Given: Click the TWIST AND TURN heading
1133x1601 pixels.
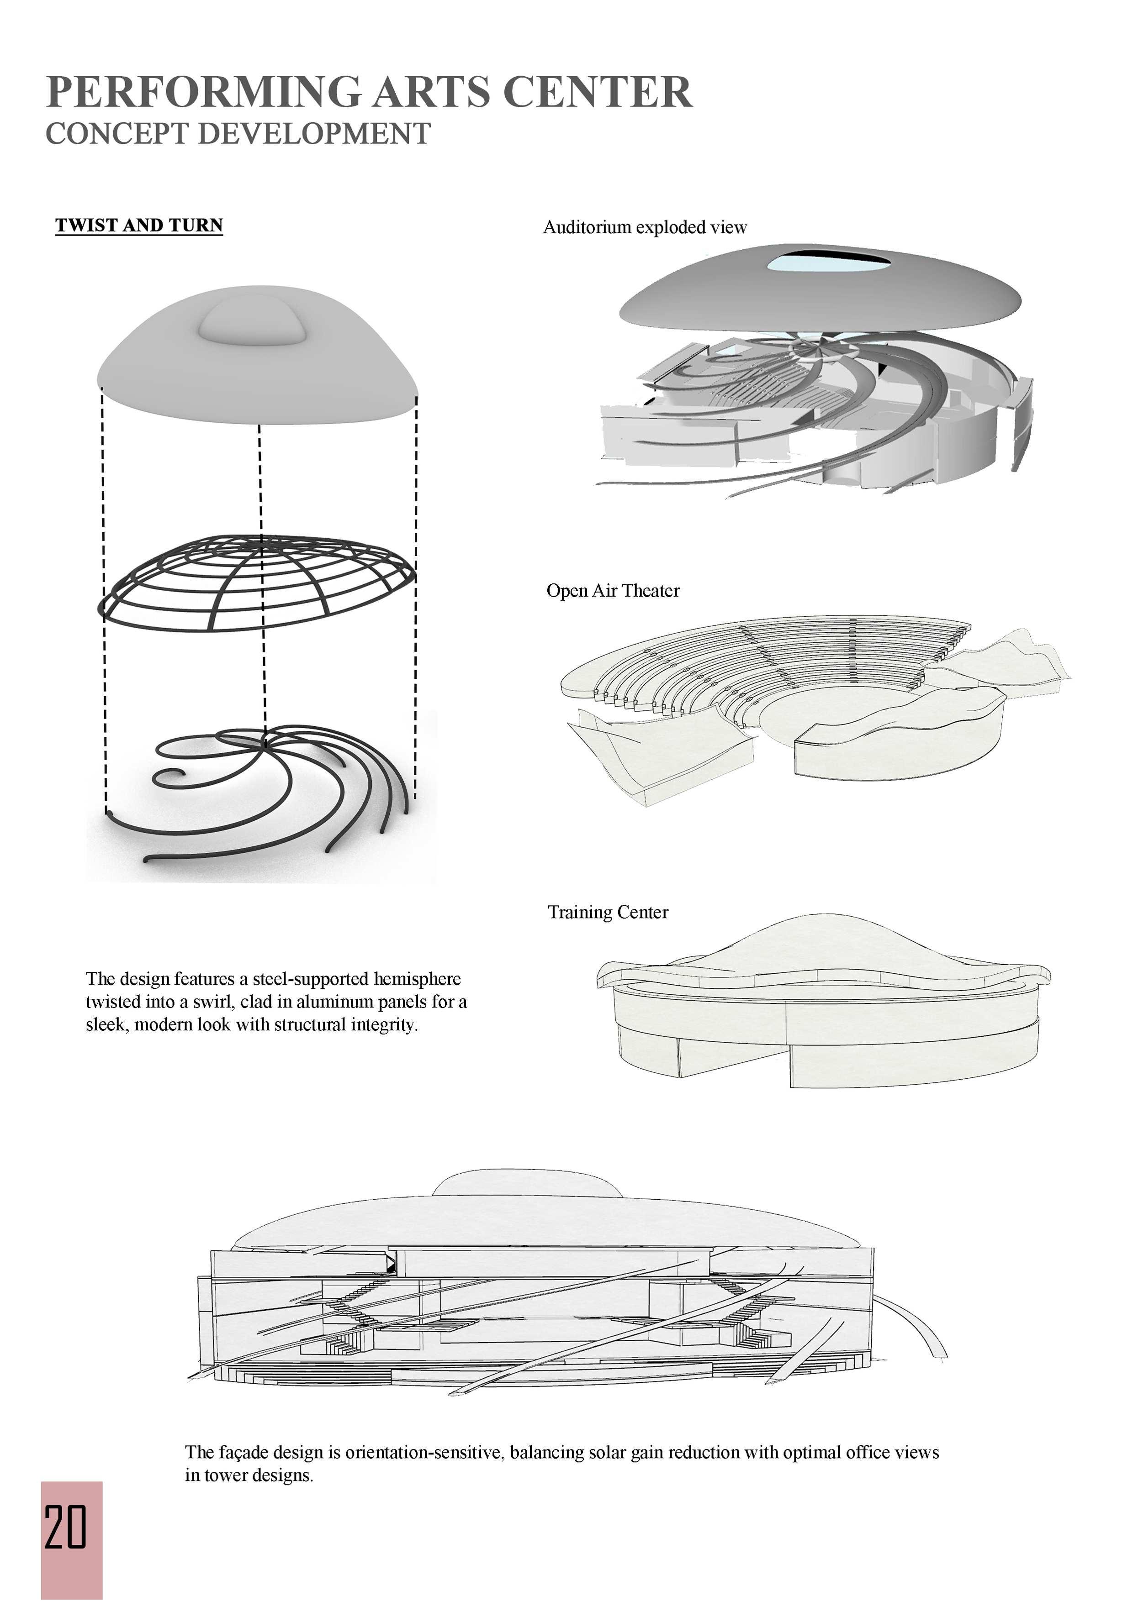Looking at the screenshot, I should (x=139, y=225).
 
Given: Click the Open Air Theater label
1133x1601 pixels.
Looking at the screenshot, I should (x=613, y=591).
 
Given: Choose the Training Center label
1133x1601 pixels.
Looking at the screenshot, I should (x=608, y=912).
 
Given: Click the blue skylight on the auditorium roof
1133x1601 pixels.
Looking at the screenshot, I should (x=828, y=263).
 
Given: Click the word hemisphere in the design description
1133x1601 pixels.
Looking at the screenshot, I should (x=417, y=979).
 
